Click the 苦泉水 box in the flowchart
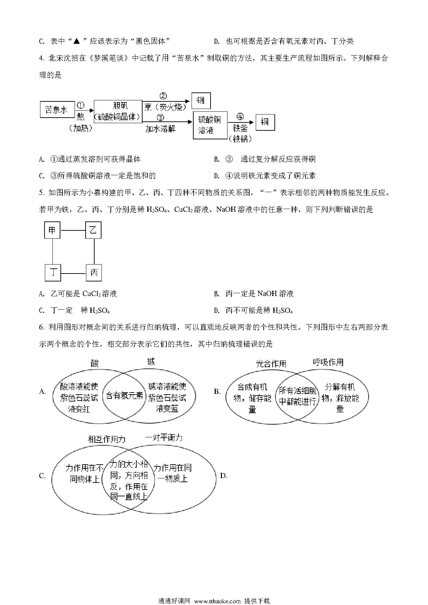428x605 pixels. click(x=56, y=110)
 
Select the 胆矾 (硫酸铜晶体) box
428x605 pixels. click(x=118, y=111)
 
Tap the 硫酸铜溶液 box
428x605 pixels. click(x=210, y=125)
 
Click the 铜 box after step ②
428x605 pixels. click(x=201, y=100)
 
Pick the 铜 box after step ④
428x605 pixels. click(x=265, y=122)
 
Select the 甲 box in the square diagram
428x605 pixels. click(x=52, y=230)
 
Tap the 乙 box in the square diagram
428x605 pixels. click(x=93, y=230)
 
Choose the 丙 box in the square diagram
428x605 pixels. click(x=94, y=273)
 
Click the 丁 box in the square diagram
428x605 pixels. click(x=53, y=273)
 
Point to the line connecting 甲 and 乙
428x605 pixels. click(x=73, y=230)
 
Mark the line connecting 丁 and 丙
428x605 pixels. click(x=73, y=273)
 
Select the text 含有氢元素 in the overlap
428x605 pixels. click(x=124, y=395)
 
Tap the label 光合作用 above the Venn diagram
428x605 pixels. click(x=271, y=364)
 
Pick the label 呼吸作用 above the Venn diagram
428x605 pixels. click(x=328, y=362)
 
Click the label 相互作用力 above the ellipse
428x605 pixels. click(x=107, y=439)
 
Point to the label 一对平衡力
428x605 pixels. click(x=163, y=438)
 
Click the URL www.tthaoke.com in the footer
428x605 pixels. click(x=217, y=601)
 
